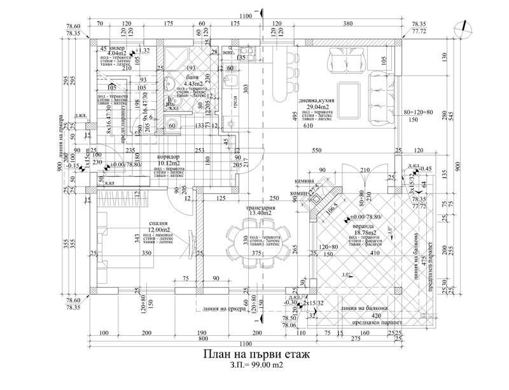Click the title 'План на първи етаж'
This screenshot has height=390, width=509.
point(254,354)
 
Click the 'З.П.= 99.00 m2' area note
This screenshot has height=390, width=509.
point(254,366)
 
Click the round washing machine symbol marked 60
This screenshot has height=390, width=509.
point(172,125)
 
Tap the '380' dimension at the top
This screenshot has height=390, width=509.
point(347,24)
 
